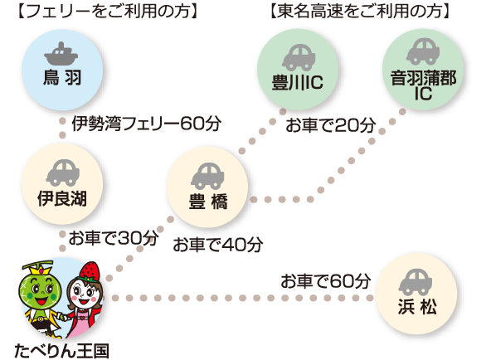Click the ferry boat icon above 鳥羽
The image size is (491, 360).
[61, 53]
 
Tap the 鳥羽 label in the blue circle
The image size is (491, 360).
[62, 77]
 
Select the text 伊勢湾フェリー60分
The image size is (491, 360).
[147, 124]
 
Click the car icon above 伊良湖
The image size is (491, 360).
[63, 173]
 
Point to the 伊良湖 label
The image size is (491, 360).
[62, 198]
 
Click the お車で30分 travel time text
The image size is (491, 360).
[114, 238]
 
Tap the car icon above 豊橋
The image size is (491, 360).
[207, 176]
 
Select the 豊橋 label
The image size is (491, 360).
[208, 201]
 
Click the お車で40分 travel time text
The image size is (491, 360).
[218, 245]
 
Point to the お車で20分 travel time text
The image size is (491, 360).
[331, 125]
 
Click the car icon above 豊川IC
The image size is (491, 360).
[299, 57]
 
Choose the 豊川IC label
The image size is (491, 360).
[298, 82]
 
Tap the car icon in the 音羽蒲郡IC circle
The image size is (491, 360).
[423, 51]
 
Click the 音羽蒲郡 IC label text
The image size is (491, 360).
[423, 85]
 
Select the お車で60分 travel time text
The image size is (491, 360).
[326, 281]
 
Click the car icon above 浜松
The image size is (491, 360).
[416, 282]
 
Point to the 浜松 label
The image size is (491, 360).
[417, 306]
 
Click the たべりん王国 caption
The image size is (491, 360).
[61, 351]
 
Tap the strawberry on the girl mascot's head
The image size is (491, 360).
[90, 271]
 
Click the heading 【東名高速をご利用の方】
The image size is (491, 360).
[359, 11]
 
